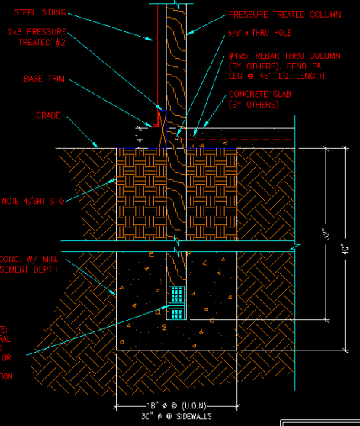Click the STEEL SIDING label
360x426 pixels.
(x=40, y=13)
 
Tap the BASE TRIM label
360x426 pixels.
(x=43, y=79)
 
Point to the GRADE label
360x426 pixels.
(x=48, y=116)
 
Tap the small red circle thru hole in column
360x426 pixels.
(x=176, y=138)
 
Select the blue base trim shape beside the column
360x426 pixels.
(x=161, y=128)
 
